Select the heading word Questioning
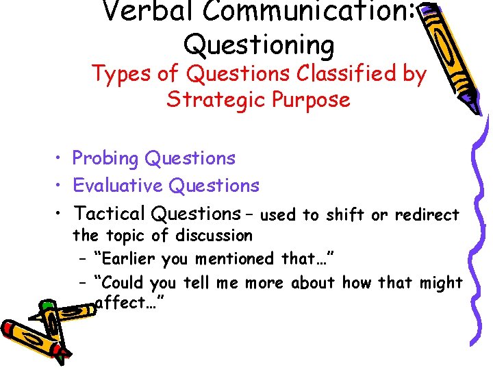pos(259,45)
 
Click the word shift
pos(346,215)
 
